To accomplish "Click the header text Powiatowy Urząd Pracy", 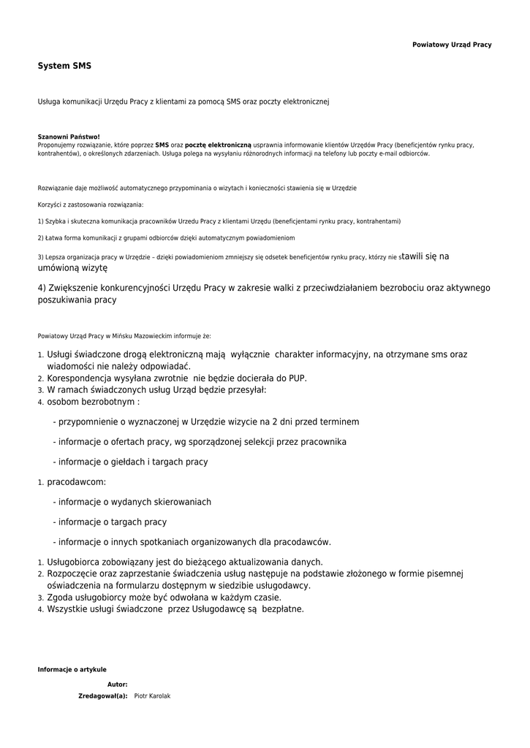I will coord(452,45).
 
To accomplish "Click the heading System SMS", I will coord(64,66).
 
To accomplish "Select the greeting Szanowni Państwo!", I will coord(69,137).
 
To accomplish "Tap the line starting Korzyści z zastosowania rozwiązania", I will coord(91,205).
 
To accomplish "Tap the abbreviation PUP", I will coord(298,378).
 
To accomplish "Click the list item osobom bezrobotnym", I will coord(93,402).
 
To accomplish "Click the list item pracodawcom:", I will coord(76,482).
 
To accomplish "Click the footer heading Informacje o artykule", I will coord(72,670).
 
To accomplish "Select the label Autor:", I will coord(117,684).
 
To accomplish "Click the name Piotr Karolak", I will coord(152,696).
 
